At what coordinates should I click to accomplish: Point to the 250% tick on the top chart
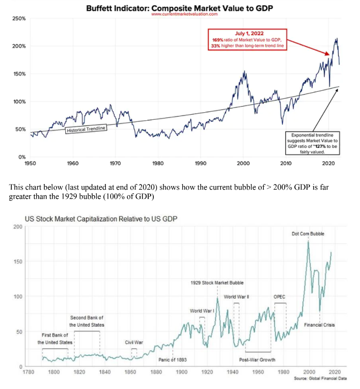pos(19,18)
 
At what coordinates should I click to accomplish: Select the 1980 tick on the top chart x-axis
pos(158,163)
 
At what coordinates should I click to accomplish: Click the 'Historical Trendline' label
pos(86,129)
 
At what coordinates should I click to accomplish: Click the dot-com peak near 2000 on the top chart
pos(245,72)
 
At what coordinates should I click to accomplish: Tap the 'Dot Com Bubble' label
pos(308,234)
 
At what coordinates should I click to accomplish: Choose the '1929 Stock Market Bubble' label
pos(217,282)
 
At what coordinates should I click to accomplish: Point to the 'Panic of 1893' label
pos(173,359)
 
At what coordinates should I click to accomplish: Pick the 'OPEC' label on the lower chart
pos(280,296)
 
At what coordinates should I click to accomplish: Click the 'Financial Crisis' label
pos(319,325)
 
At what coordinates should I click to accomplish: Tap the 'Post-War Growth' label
pos(257,359)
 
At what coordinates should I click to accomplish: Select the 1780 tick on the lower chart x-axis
pos(28,371)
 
